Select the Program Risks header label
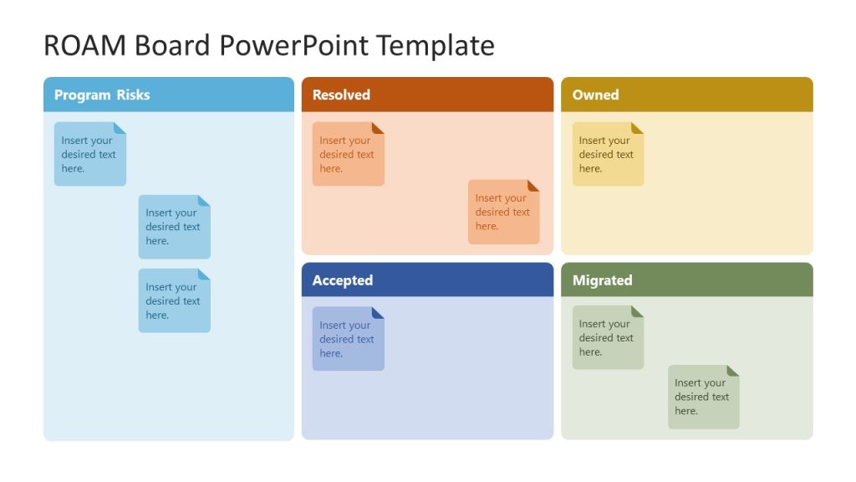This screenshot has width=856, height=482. [102, 95]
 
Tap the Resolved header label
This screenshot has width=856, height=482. [341, 95]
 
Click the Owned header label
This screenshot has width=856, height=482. [595, 95]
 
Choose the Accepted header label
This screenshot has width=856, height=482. [343, 280]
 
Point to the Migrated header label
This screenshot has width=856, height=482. [602, 280]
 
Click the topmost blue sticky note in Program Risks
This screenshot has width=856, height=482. [89, 155]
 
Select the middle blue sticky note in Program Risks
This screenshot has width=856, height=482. [174, 227]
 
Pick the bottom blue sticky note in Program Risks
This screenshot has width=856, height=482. [174, 301]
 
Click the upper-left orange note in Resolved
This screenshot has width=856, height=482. [348, 155]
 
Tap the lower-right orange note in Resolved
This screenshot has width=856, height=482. [503, 213]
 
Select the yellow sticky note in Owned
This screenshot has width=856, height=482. [608, 155]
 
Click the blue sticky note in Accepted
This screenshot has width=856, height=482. [348, 339]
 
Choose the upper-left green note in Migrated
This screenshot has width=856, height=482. [608, 338]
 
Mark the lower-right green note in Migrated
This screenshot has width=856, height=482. [703, 397]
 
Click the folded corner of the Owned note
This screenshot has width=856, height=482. [638, 128]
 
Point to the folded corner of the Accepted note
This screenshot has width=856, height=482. [378, 312]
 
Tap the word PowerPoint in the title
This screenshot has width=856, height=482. [295, 45]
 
